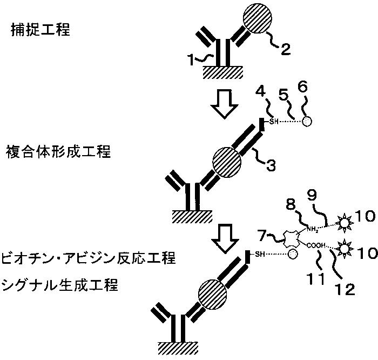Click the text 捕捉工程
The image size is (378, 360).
tap(41, 30)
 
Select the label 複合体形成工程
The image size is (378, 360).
tap(60, 151)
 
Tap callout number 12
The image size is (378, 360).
tap(346, 289)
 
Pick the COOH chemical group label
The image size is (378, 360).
tap(318, 246)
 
